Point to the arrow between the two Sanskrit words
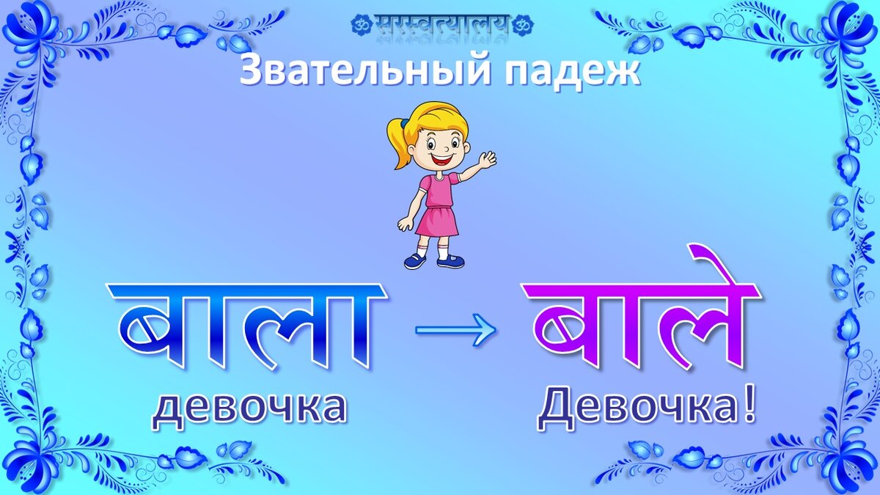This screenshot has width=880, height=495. pyautogui.click(x=455, y=331)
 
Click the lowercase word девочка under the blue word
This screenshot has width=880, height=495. pyautogui.click(x=249, y=408)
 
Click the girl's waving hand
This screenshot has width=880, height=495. pyautogui.click(x=486, y=159)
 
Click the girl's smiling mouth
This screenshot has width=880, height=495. pyautogui.click(x=441, y=157)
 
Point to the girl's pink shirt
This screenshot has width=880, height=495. pyautogui.click(x=439, y=191)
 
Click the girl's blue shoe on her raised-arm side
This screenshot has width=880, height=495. pyautogui.click(x=451, y=261)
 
